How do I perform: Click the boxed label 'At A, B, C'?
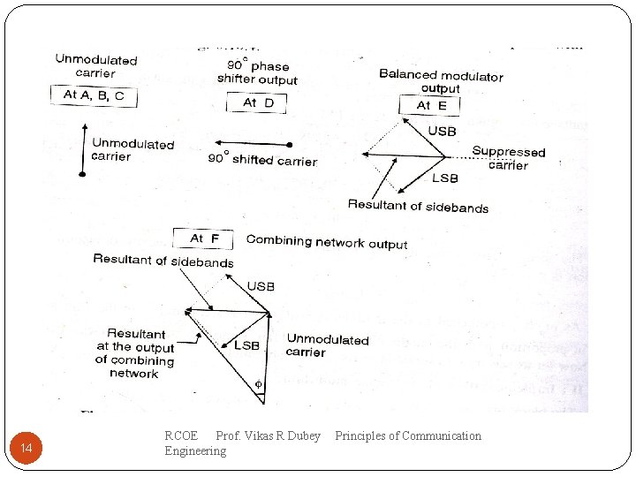94,95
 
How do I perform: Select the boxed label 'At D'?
259,103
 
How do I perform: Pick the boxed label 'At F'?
203,238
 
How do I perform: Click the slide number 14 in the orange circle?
26,450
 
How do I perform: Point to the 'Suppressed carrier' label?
509,158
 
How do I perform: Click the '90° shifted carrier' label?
262,160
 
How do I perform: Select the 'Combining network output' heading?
327,241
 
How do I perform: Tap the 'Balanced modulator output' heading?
441,81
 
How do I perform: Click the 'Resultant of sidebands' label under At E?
418,207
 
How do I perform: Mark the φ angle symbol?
259,384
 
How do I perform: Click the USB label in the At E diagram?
442,132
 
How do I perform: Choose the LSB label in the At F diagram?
246,345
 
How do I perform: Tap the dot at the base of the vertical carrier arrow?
82,175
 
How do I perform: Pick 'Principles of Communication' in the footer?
408,435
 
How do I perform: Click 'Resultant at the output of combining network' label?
134,353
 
